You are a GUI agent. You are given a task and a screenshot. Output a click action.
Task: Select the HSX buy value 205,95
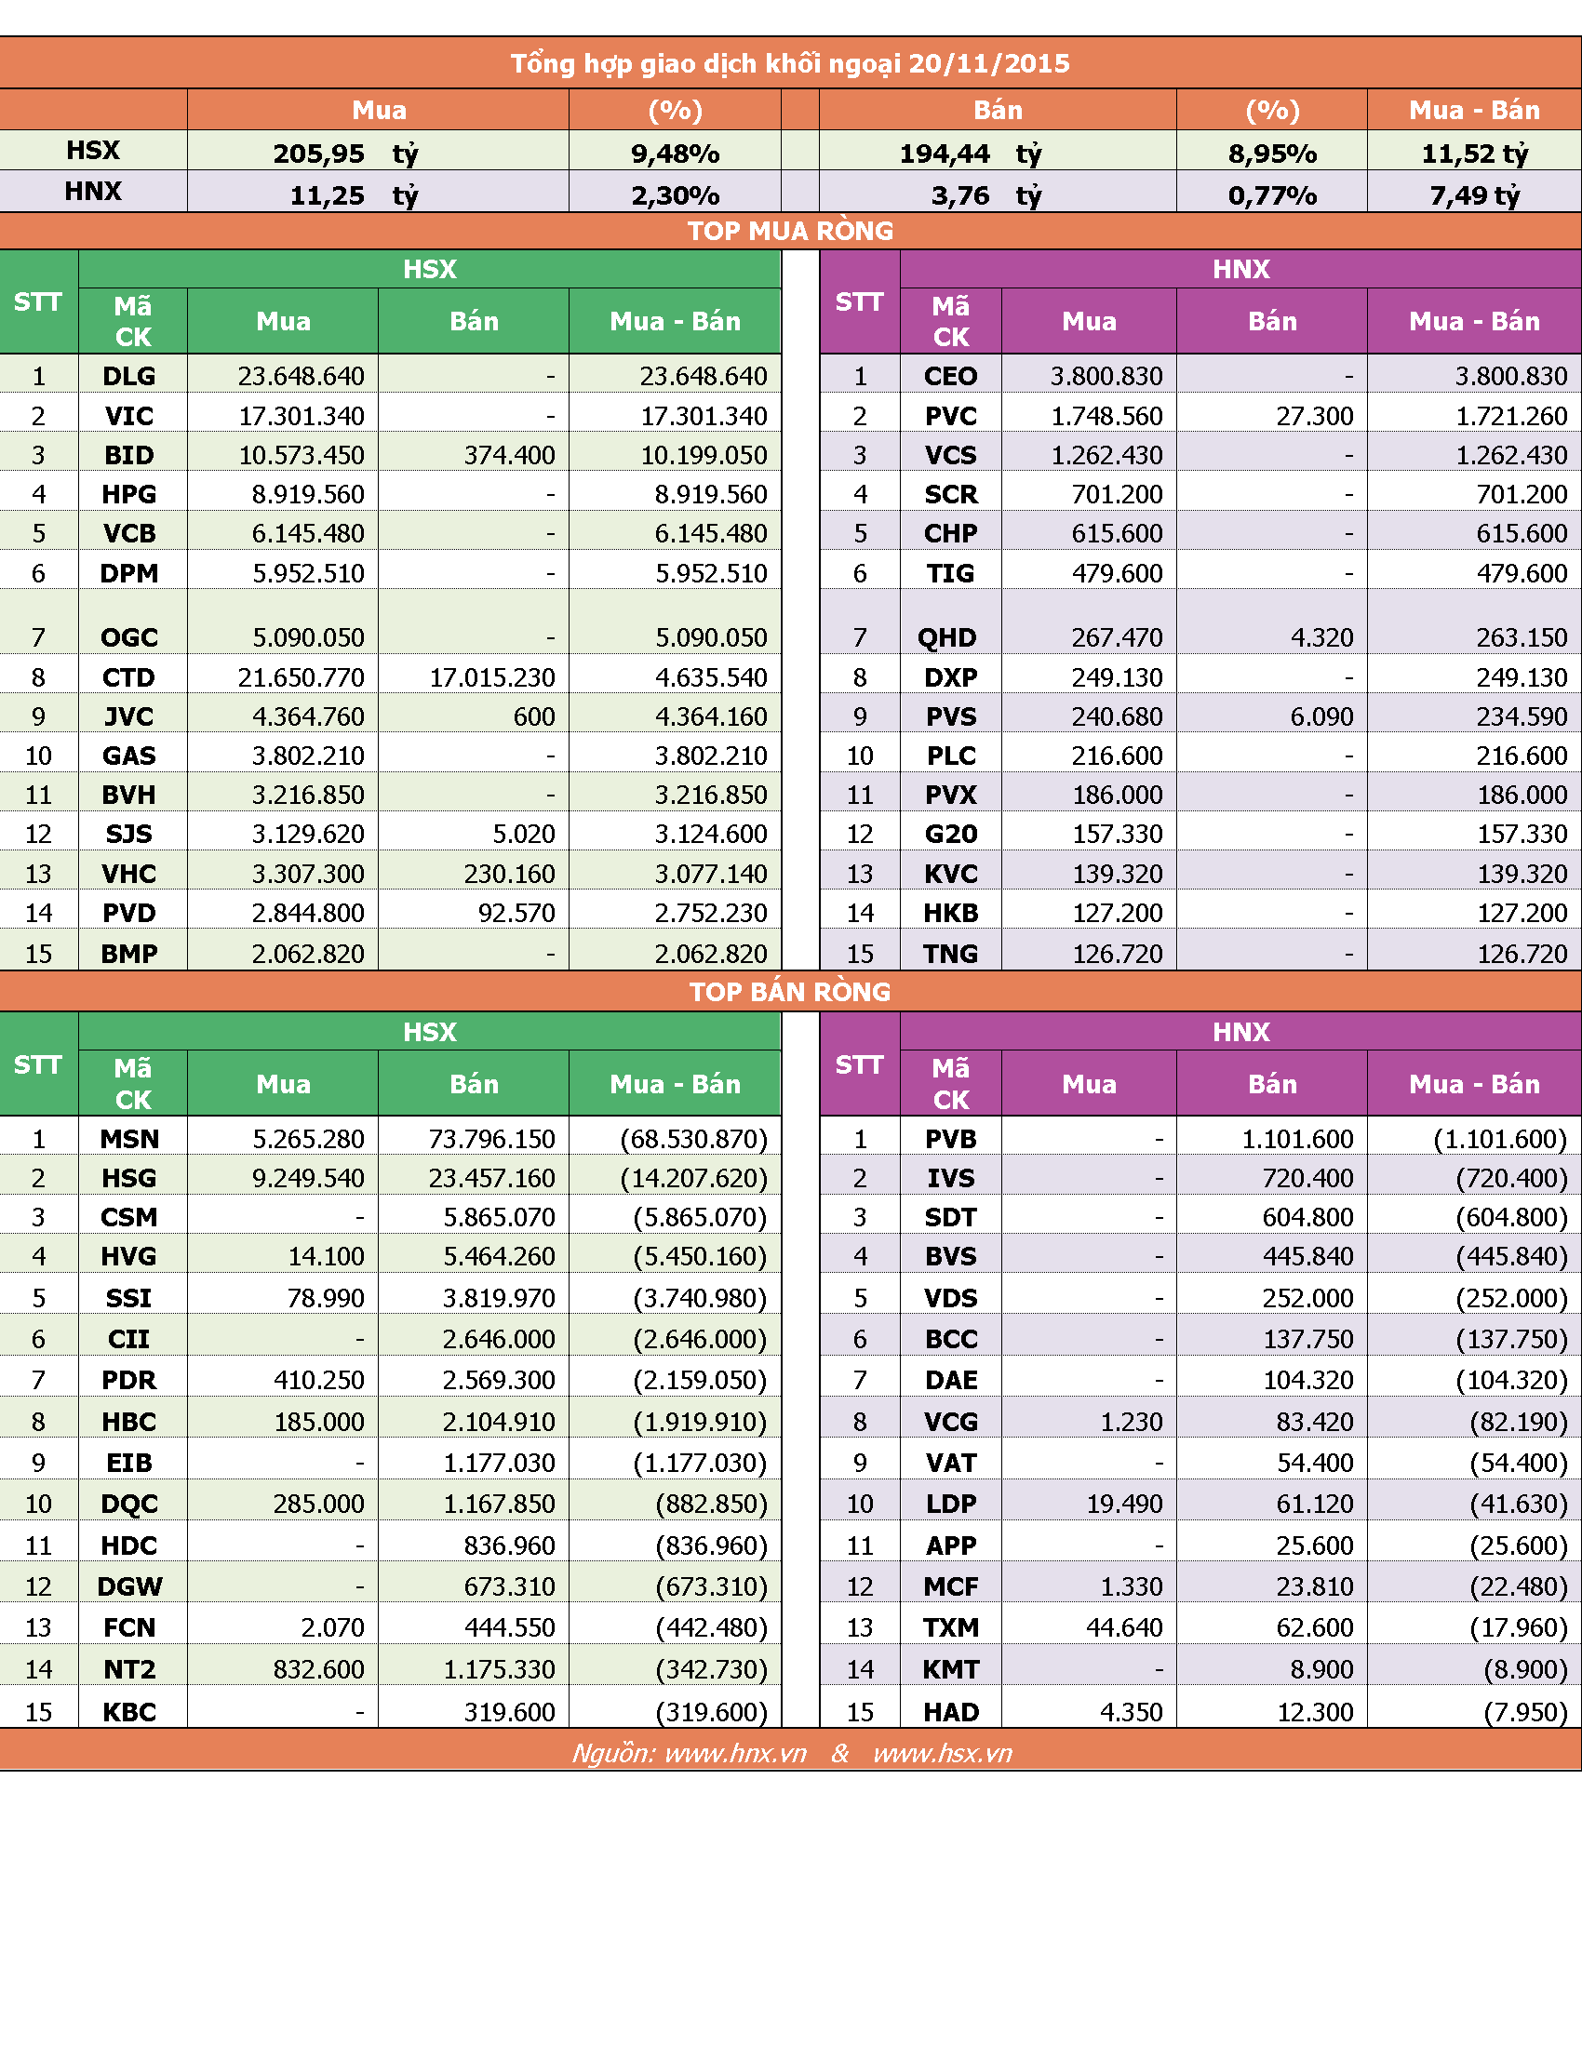pos(318,154)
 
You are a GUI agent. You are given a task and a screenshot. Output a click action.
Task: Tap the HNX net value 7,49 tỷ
pos(1474,196)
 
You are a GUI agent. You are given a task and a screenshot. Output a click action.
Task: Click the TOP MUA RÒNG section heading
pos(790,231)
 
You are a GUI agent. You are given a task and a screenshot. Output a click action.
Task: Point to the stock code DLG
pos(129,376)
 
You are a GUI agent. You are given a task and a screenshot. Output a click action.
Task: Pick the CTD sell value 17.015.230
pos(492,677)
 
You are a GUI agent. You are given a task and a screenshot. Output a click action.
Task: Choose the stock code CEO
pos(950,376)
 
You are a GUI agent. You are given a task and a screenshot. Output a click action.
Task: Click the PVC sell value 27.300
pos(1314,416)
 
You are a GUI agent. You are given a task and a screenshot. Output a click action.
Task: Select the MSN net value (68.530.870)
pos(693,1139)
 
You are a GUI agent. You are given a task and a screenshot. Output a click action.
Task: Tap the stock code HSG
pos(129,1178)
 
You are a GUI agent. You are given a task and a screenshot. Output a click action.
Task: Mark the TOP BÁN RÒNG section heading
pos(790,992)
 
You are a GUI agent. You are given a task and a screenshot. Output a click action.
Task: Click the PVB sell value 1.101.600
pos(1298,1139)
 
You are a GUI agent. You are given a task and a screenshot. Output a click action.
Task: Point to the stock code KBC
pos(129,1712)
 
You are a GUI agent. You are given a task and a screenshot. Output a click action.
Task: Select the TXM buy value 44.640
pos(1124,1628)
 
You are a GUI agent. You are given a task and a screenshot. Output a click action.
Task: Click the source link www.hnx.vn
pos(736,1754)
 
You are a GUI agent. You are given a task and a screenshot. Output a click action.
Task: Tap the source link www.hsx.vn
pos(943,1754)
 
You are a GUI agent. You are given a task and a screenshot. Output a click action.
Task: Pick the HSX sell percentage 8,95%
pos(1272,154)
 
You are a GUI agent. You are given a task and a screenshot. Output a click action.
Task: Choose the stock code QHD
pos(946,638)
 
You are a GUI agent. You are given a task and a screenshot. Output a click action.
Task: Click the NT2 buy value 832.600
pos(318,1669)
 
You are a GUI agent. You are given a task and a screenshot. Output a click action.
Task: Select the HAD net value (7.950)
pos(1525,1712)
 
